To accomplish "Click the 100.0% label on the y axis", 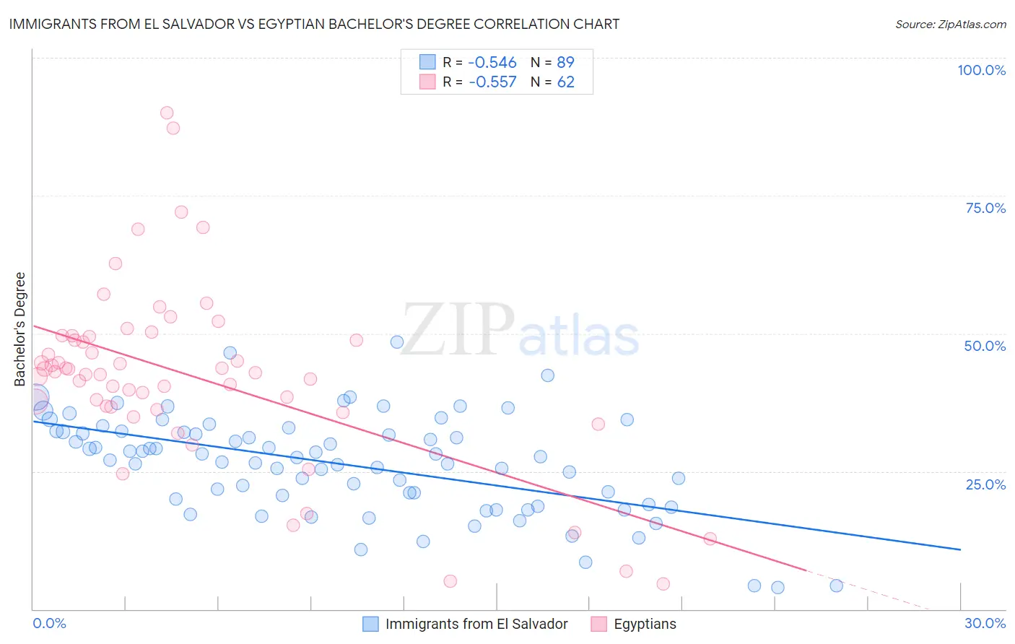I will [981, 70].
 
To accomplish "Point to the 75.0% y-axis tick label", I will [985, 208].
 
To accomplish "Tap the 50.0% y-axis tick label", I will [985, 346].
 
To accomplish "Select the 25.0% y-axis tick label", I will [985, 484].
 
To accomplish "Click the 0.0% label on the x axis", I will [49, 623].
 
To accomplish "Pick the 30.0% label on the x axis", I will [985, 623].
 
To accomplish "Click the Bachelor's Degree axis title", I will [20, 329].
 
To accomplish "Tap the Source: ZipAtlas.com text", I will [950, 24].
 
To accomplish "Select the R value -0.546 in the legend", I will [492, 62].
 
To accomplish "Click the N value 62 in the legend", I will [565, 82].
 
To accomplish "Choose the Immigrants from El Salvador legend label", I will [476, 624].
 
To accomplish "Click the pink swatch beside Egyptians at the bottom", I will [598, 624].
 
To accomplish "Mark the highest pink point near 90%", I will [167, 113].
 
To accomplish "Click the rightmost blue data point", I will [836, 586].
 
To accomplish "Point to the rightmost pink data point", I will [710, 539].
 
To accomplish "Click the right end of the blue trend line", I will [960, 549].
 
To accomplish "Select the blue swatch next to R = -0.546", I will [427, 62].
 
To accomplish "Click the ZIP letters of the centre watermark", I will [458, 330].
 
